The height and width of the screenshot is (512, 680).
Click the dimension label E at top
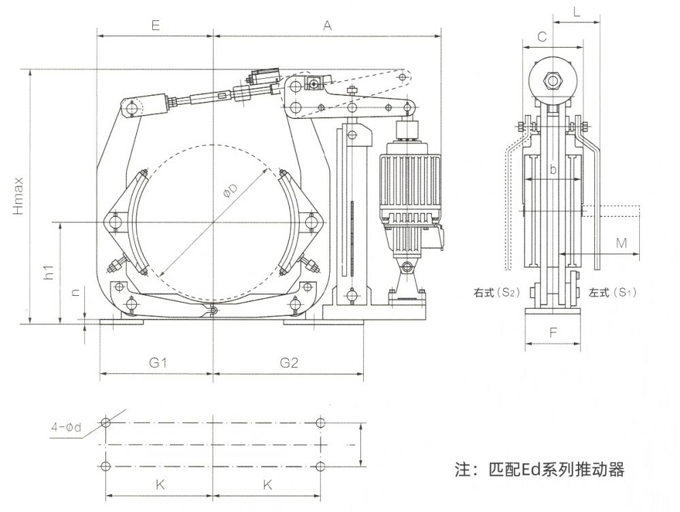pyautogui.click(x=155, y=25)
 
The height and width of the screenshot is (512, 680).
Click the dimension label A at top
pyautogui.click(x=327, y=25)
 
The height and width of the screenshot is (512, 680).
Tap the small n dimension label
pyautogui.click(x=75, y=293)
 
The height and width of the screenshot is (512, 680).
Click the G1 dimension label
pyautogui.click(x=158, y=363)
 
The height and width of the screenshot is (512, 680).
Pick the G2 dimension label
pyautogui.click(x=289, y=363)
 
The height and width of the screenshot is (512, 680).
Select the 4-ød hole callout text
pyautogui.click(x=66, y=428)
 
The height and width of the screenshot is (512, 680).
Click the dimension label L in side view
pyautogui.click(x=576, y=12)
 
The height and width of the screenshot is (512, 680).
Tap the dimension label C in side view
pyautogui.click(x=542, y=38)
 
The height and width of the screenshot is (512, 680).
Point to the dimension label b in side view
pyautogui.click(x=553, y=170)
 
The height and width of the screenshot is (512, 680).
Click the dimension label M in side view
pyautogui.click(x=621, y=243)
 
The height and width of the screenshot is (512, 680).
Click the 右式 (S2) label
pyautogui.click(x=497, y=293)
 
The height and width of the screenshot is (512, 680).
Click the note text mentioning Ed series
pyautogui.click(x=539, y=469)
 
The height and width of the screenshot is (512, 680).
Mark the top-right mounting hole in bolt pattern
pyautogui.click(x=321, y=423)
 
